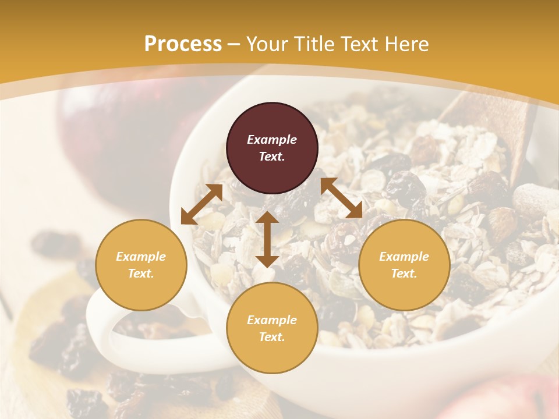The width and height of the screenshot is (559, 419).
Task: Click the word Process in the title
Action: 183,44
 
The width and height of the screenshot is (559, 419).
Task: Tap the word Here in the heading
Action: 405,44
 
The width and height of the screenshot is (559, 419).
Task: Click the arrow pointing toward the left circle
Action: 201,204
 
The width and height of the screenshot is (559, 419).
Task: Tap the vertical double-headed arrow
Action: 267,239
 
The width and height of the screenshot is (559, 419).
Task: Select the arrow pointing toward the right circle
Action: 341,198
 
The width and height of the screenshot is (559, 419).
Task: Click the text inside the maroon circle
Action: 272,148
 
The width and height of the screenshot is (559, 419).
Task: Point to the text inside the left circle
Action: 141,265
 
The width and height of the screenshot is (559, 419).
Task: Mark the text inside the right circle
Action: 404,265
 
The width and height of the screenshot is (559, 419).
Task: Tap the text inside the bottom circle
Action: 272,328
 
